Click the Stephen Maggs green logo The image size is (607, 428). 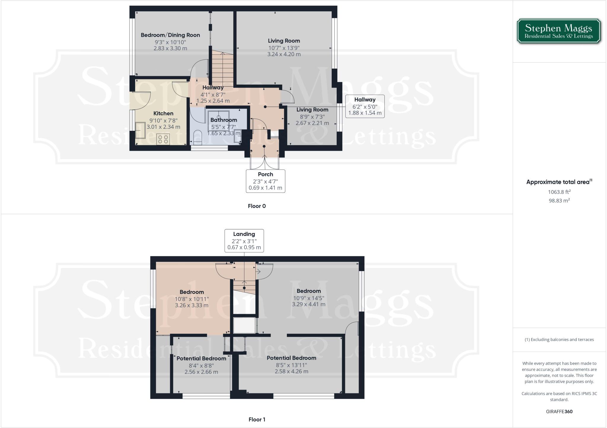[x=559, y=31]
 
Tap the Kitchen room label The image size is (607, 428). [x=163, y=113]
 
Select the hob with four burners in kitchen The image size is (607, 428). [x=163, y=139]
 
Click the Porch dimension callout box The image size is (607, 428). [x=265, y=181]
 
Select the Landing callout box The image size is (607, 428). [x=244, y=240]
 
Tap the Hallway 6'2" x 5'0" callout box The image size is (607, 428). [x=365, y=106]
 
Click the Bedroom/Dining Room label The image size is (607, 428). [x=170, y=35]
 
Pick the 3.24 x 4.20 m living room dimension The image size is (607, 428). [x=284, y=54]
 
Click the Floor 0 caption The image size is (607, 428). [x=257, y=206]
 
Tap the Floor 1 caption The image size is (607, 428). [x=257, y=419]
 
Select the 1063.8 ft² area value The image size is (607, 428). [x=559, y=192]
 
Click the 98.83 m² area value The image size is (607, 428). [x=559, y=200]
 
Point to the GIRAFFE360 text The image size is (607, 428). [x=559, y=411]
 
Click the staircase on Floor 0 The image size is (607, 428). [x=222, y=68]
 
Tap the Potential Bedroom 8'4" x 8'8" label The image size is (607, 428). [x=201, y=358]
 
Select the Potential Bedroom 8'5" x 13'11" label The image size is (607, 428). [x=291, y=358]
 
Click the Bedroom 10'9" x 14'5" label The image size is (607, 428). [x=309, y=291]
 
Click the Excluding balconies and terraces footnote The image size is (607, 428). [x=559, y=339]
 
